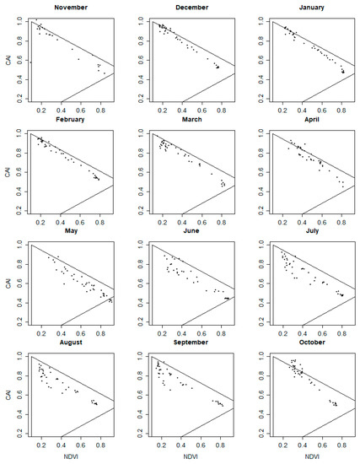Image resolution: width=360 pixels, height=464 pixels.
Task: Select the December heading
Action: tap(192, 8)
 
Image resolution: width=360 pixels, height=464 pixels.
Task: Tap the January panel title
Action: tap(312, 8)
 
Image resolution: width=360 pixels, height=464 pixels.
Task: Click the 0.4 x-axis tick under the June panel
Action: tap(180, 335)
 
